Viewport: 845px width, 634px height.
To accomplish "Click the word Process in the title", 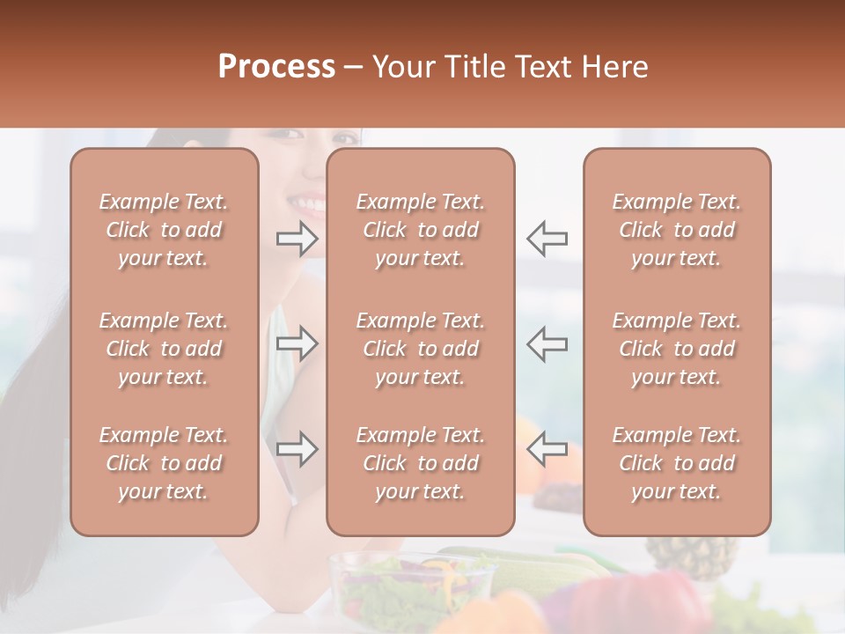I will [x=276, y=67].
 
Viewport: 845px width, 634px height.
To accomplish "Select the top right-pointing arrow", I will [x=298, y=239].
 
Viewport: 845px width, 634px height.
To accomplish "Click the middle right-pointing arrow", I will [x=298, y=343].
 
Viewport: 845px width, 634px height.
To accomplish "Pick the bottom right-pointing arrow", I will [x=298, y=449].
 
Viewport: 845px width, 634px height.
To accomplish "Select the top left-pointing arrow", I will [x=547, y=239].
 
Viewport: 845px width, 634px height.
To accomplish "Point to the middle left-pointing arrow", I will [x=547, y=343].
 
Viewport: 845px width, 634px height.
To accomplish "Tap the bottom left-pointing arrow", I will [x=547, y=449].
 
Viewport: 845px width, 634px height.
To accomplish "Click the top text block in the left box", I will [x=164, y=230].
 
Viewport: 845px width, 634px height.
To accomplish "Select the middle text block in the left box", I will [x=164, y=349].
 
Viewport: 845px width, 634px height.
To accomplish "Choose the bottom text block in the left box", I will [x=164, y=463].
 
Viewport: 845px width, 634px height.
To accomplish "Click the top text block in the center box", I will [x=421, y=230].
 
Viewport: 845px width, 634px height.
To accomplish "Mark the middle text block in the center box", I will [x=421, y=349].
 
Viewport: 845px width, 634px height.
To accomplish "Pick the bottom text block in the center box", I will [x=421, y=463].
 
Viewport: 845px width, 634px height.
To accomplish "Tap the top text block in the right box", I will [x=677, y=230].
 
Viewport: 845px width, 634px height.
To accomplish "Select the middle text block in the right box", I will [x=677, y=349].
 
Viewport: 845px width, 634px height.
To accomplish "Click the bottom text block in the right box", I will [x=677, y=463].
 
